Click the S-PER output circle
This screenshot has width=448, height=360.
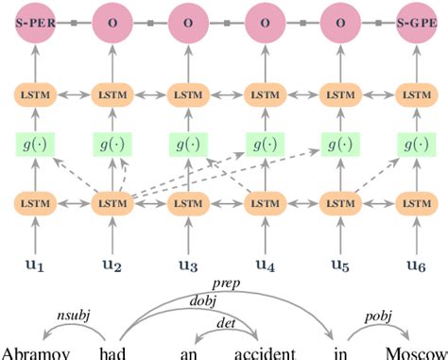point(34,21)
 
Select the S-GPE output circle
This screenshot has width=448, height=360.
point(413,21)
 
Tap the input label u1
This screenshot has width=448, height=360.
point(34,266)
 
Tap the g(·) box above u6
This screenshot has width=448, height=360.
point(413,144)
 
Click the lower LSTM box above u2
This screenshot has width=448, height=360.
point(111,202)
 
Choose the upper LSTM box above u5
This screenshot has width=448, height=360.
point(337,94)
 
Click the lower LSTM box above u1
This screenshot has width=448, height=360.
point(34,202)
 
